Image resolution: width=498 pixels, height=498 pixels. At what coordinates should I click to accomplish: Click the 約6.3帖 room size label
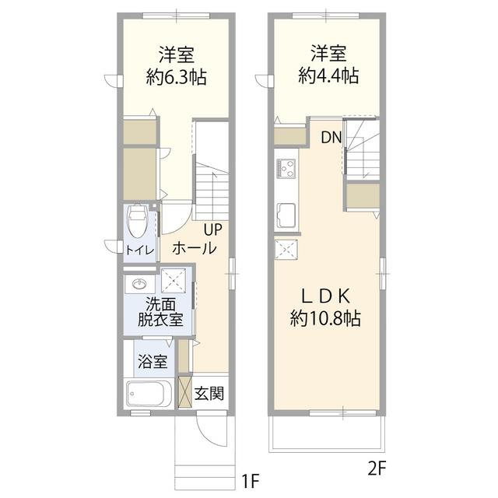(x=177, y=77)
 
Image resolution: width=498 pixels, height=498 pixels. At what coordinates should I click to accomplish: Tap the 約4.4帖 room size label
(x=328, y=75)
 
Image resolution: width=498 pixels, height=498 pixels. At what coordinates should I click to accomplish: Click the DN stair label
(x=331, y=139)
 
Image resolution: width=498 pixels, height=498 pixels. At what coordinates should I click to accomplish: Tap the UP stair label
(x=213, y=230)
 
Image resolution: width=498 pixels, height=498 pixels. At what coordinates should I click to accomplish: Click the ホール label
(x=194, y=249)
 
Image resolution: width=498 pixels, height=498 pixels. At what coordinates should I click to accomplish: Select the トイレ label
(x=140, y=250)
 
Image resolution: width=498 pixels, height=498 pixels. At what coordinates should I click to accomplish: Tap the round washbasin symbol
(x=140, y=283)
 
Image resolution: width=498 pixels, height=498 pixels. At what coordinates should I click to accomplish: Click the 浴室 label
(x=152, y=362)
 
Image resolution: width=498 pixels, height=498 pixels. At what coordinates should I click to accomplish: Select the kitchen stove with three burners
(x=284, y=169)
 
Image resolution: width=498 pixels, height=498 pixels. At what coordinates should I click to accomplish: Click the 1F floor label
(x=248, y=482)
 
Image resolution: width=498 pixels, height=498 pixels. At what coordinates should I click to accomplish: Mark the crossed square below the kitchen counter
(x=285, y=250)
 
